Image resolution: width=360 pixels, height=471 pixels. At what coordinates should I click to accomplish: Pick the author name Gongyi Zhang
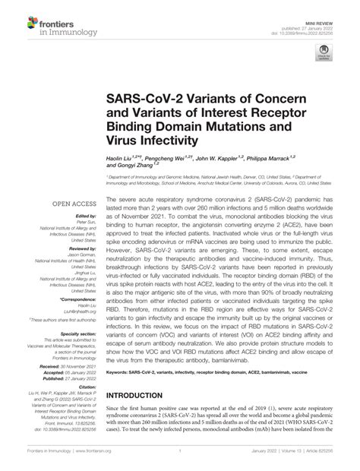click(x=133, y=163)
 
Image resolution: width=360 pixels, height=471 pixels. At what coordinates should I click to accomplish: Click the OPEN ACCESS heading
click(x=72, y=204)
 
